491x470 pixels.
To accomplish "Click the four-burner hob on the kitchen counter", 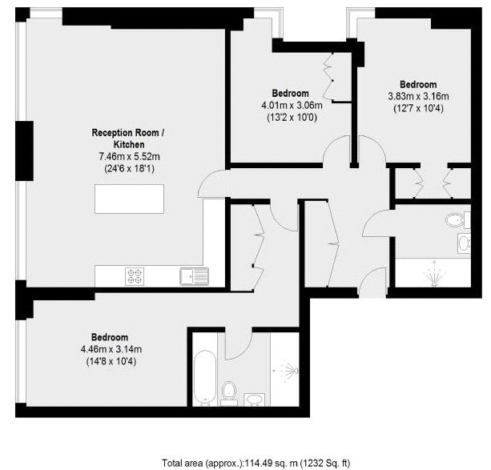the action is coord(135,276).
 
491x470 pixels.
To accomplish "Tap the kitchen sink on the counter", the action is coord(194,276).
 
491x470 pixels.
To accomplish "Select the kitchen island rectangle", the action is coord(129,199).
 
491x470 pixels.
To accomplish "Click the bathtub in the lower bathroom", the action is coord(205,377).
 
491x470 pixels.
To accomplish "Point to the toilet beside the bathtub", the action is coord(228,393).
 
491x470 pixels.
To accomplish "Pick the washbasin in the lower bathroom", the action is coord(254,400).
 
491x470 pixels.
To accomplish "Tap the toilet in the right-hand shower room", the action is coord(458,219).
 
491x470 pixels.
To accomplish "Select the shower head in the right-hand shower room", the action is coord(434,273).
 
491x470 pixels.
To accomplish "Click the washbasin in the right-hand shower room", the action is coord(464,243).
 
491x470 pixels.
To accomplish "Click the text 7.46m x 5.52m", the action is coord(129,156).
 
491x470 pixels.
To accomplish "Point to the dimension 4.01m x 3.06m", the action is coord(292,105).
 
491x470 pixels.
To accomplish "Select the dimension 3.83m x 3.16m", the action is coord(418,96).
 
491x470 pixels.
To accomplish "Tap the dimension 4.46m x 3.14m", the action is coord(111,349).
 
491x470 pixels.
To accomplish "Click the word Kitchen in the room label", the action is coord(129,145).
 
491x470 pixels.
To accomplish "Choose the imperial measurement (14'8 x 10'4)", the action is coord(111,362).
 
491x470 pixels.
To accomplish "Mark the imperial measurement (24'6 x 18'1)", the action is coord(129,169).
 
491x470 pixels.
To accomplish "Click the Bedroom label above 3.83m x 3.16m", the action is coord(418,85).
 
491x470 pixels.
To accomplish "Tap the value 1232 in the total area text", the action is coord(312,463).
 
